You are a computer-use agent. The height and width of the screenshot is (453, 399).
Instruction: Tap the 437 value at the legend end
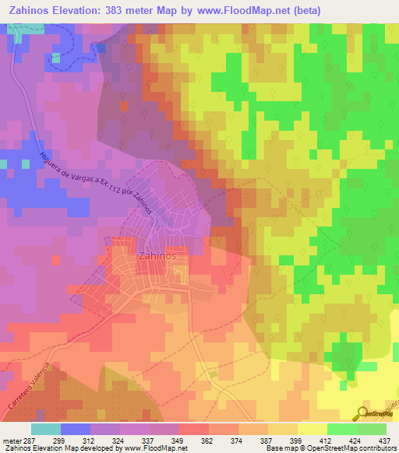tap(384, 440)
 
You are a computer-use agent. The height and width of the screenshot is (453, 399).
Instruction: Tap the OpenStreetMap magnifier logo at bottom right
tap(362, 413)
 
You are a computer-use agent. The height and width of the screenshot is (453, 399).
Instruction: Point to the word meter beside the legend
tap(13, 440)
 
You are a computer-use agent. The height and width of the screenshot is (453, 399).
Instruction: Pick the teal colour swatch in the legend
tap(46, 429)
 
